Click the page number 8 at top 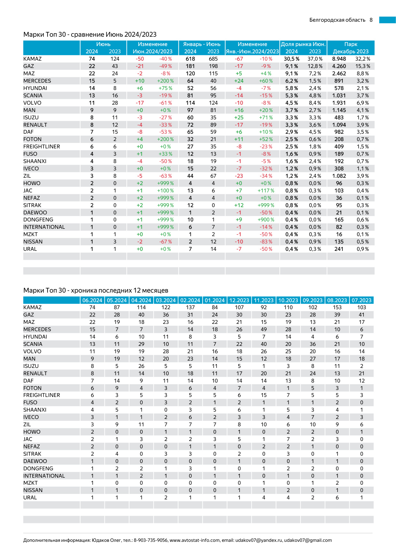371,20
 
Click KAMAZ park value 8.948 339,59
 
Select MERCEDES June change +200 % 165,81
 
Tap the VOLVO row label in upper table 32,103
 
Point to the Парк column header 351,44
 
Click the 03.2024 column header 166,300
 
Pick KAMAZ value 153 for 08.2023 337,307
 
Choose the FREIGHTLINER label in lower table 42,395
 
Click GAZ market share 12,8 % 315,66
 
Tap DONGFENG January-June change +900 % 266,220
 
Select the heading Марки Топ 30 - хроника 96,290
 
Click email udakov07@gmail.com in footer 308,540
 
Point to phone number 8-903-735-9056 150,540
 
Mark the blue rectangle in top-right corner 387,20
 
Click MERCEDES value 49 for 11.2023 264,329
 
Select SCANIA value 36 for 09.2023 313,344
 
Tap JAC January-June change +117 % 266,190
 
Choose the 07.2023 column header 362,300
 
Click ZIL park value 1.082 339,176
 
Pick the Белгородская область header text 337,20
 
